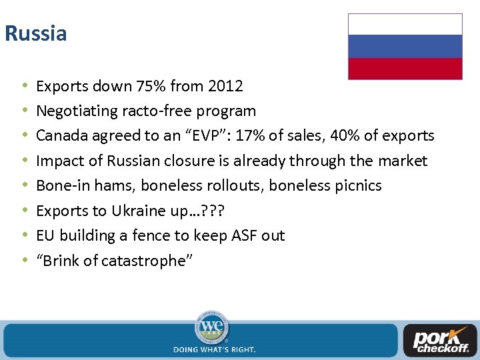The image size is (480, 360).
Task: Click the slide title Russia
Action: tap(36, 33)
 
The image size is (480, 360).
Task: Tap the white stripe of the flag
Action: tap(405, 25)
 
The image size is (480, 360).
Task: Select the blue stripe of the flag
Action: tap(405, 47)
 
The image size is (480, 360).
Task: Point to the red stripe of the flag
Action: tap(405, 69)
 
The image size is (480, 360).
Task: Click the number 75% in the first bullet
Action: tap(151, 86)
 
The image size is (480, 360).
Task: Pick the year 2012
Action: tap(225, 86)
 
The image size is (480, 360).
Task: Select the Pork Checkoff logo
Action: tap(439, 340)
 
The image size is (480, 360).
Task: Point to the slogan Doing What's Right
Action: tap(214, 349)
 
